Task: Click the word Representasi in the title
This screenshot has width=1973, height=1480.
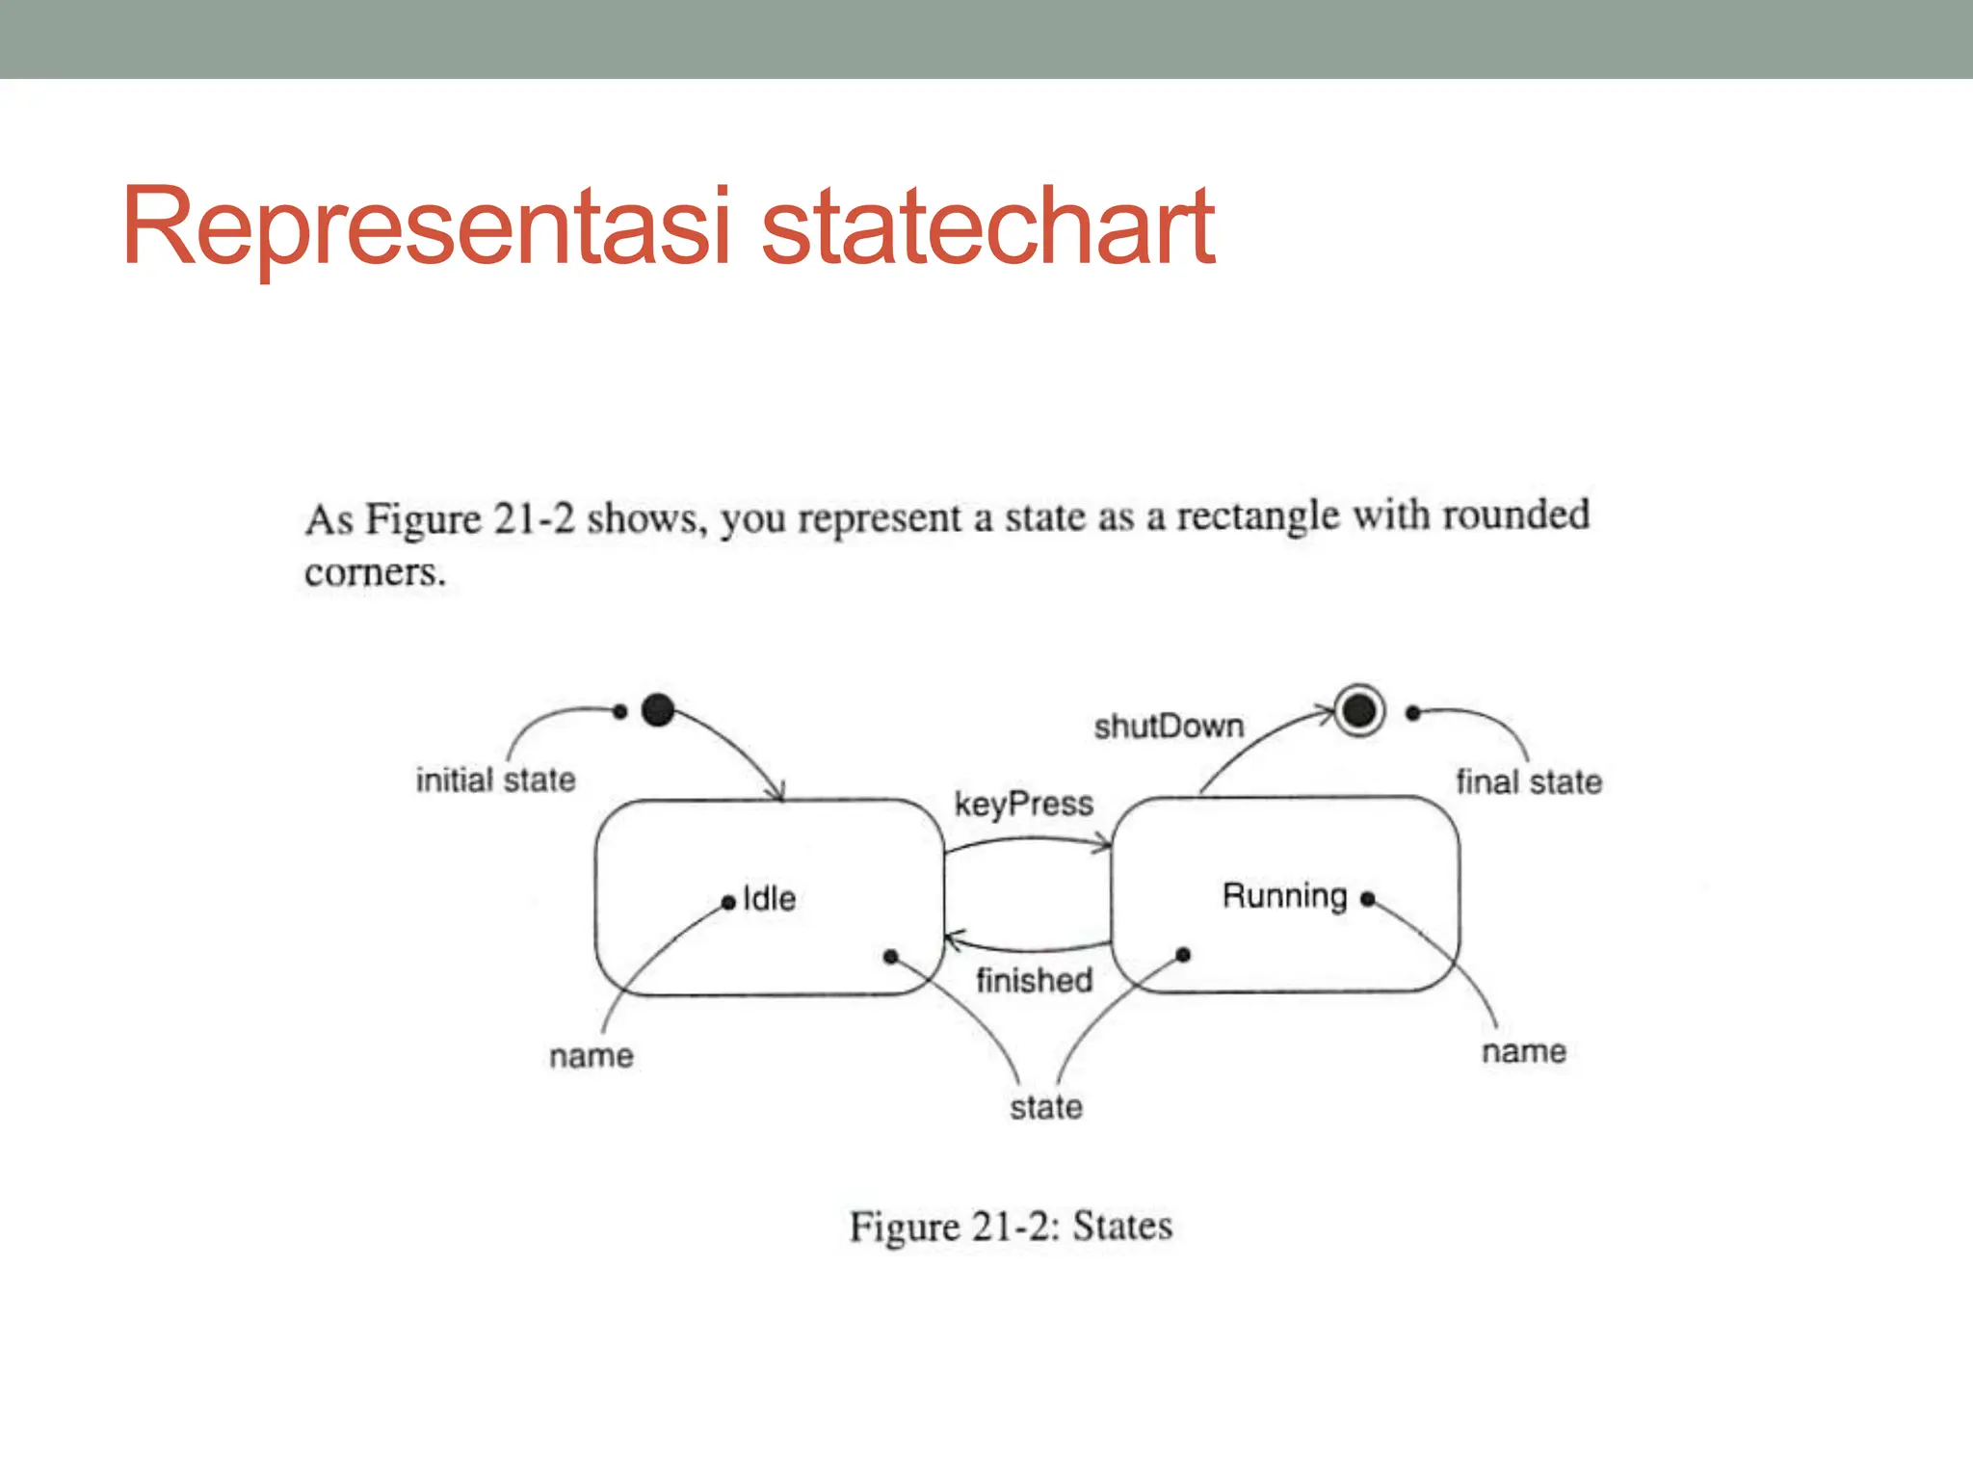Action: tap(424, 227)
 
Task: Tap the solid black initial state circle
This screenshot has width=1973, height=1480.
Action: tap(658, 710)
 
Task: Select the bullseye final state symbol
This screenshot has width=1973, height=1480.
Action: tap(1359, 711)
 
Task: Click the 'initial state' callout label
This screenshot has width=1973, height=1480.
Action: tap(495, 780)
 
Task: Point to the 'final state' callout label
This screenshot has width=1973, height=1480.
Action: tap(1529, 781)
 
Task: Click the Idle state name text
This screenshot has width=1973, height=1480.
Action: tap(770, 899)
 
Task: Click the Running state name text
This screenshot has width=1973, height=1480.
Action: tap(1284, 896)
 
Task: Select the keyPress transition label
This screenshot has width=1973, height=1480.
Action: tap(1023, 804)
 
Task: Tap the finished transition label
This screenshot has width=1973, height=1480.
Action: tap(1034, 980)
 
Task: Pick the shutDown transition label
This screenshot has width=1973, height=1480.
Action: tap(1169, 726)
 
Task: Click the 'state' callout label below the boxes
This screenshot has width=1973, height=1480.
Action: tap(1046, 1107)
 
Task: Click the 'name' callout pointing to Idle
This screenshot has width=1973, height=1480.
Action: tap(592, 1056)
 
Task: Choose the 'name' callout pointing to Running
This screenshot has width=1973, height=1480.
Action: tap(1523, 1051)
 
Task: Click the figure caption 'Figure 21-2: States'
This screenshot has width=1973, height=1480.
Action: tap(1011, 1227)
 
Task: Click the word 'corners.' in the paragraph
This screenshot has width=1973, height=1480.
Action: tap(375, 573)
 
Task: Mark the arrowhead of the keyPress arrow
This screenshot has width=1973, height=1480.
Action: tap(1105, 846)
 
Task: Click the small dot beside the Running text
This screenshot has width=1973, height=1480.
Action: tap(1367, 898)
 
